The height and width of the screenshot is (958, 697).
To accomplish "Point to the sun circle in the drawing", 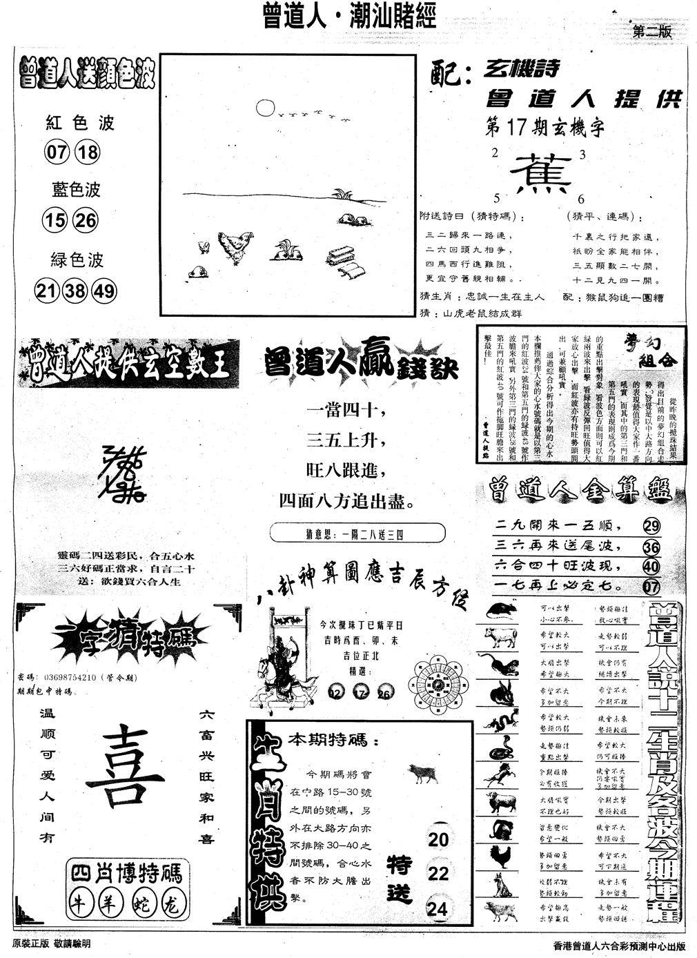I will [x=264, y=107].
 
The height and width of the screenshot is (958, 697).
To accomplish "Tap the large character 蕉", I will [x=544, y=172].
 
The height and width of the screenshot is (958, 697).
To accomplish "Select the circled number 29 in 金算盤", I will [x=650, y=527].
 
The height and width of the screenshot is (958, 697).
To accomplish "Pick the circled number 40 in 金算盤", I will [x=650, y=567].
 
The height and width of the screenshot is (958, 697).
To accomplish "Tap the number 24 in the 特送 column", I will [x=438, y=908].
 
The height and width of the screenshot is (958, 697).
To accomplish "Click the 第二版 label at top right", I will [x=651, y=32].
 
